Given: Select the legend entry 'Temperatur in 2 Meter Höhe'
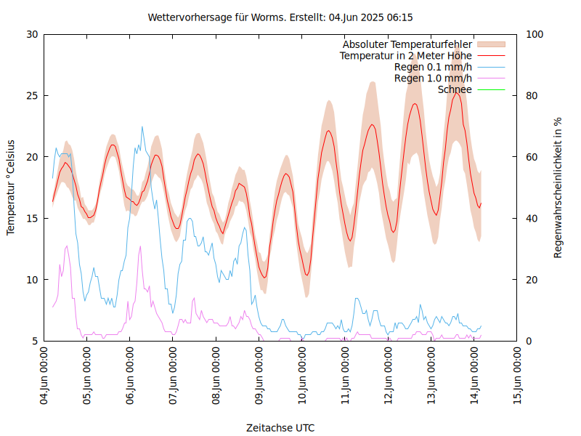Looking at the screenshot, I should [x=406, y=55].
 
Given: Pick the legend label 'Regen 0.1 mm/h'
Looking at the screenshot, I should [x=433, y=67].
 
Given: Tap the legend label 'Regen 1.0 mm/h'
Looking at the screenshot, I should [x=433, y=78].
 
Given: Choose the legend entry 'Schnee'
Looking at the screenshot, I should [x=455, y=89].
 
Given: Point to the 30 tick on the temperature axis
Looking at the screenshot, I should [x=32, y=34].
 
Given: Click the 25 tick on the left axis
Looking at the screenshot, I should [x=32, y=95].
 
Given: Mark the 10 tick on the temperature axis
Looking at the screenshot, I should [x=32, y=280].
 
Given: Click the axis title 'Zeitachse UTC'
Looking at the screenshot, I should [x=280, y=427].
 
